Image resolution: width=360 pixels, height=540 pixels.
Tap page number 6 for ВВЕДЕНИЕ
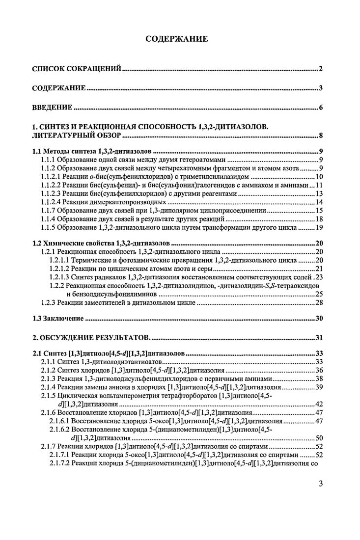pos(320,108)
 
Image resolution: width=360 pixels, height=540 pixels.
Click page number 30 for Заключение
pos(318,319)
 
